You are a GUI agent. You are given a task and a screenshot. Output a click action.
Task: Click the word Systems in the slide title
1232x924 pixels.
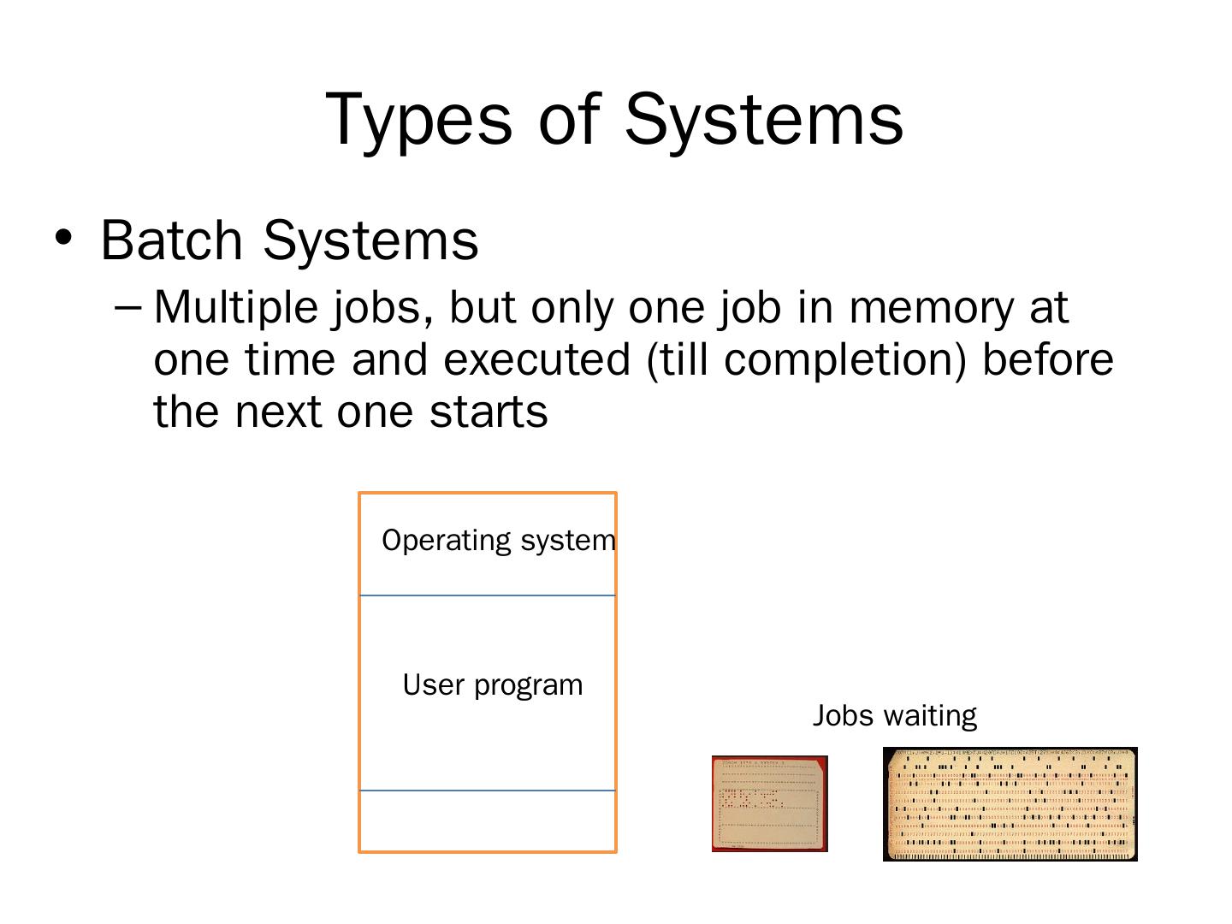point(763,120)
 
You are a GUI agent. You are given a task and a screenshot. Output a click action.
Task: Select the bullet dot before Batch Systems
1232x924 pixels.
point(62,237)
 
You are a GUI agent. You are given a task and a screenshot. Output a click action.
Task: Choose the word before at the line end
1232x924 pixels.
point(1048,359)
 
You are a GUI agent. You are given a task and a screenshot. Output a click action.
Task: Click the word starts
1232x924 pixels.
point(489,412)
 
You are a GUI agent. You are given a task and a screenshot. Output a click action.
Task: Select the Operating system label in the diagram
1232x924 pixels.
point(498,541)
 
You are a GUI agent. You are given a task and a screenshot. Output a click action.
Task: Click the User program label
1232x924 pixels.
point(493,685)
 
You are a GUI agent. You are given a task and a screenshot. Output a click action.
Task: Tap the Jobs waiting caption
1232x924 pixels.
point(894,715)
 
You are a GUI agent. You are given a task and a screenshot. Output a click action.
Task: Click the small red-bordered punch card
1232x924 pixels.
point(770,803)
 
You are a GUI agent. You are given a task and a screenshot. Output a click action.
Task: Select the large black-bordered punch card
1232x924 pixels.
point(1010,803)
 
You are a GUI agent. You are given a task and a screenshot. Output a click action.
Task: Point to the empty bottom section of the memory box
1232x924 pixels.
point(488,820)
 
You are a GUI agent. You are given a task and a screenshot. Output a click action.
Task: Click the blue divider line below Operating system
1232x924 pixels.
point(488,595)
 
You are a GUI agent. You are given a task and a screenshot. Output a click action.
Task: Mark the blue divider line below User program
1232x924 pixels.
point(488,791)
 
